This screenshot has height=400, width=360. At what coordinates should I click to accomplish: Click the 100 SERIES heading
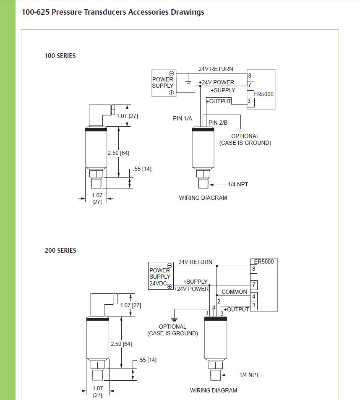pos(60,55)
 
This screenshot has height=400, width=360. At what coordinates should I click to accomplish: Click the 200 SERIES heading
pos(60,251)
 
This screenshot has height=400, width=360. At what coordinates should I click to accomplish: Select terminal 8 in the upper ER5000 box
pos(250,76)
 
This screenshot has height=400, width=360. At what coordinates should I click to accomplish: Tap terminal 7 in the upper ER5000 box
pos(250,85)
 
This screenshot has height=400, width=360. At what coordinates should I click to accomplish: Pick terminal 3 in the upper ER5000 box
pos(249,101)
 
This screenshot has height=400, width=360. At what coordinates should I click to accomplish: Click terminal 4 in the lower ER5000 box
pos(254,297)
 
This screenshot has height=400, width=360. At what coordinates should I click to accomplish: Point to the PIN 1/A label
pos(183,119)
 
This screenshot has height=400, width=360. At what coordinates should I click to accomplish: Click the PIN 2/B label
pos(218,123)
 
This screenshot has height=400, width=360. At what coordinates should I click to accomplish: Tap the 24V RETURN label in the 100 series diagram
pos(216,69)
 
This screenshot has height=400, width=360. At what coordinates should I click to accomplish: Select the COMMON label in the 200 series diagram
pos(234,292)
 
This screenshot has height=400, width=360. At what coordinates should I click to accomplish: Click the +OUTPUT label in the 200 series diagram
pos(236,309)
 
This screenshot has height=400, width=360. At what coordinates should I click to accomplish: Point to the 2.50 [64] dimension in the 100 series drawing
pos(118,153)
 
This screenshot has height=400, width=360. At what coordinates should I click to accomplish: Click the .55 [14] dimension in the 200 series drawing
pos(148,360)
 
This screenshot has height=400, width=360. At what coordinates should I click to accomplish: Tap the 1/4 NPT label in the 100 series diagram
pos(238,184)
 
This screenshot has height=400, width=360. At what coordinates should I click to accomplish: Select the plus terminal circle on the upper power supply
pos(171,93)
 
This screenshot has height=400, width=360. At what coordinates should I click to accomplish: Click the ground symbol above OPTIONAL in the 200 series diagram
pos(174,319)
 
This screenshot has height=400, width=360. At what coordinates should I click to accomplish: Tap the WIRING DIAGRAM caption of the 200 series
pos(213,390)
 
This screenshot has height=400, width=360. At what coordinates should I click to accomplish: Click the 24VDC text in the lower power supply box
pos(158,284)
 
